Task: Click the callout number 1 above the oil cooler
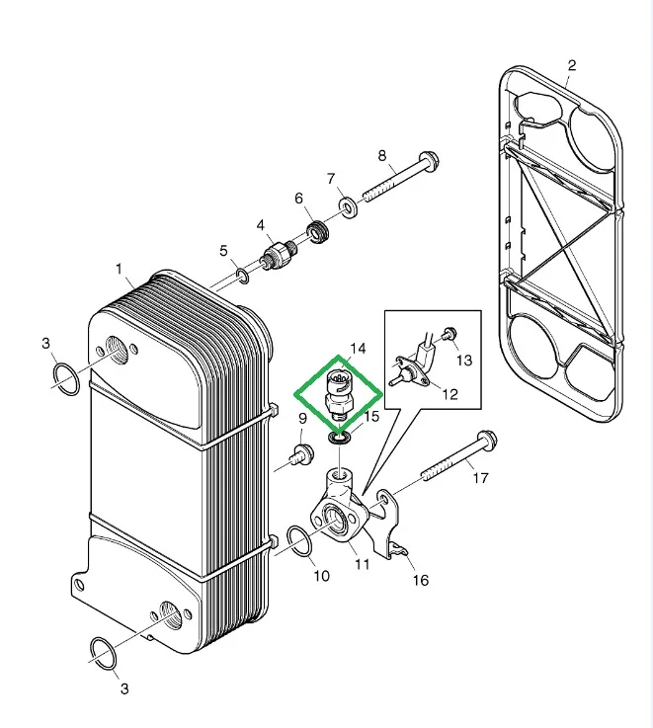pos(119,268)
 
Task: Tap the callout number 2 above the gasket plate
pos(570,65)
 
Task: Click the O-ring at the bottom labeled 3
pos(101,651)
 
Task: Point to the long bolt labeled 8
pos(400,177)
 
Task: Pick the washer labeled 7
pos(348,207)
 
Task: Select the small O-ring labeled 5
pos(241,274)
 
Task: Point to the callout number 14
pos(357,349)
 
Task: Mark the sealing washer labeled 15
pos(339,436)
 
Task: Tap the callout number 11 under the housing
pos(362,564)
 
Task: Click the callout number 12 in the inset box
pos(449,394)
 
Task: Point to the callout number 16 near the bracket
pos(421,580)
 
